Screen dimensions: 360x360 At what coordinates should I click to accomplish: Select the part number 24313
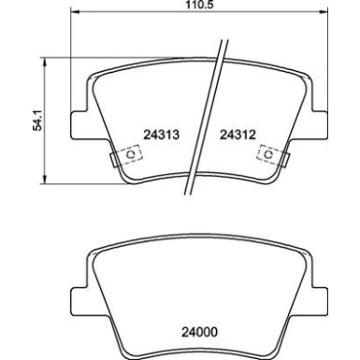click(161, 135)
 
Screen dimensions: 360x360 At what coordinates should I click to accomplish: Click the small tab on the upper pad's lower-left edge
click(114, 161)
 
